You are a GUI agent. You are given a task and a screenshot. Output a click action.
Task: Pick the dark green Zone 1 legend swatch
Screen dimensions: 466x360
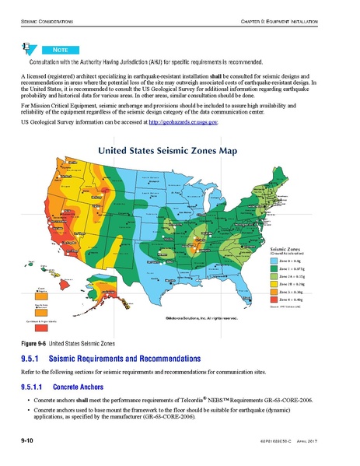point(274,269)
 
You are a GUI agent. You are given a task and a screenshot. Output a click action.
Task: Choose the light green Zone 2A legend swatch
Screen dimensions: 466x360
point(274,277)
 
